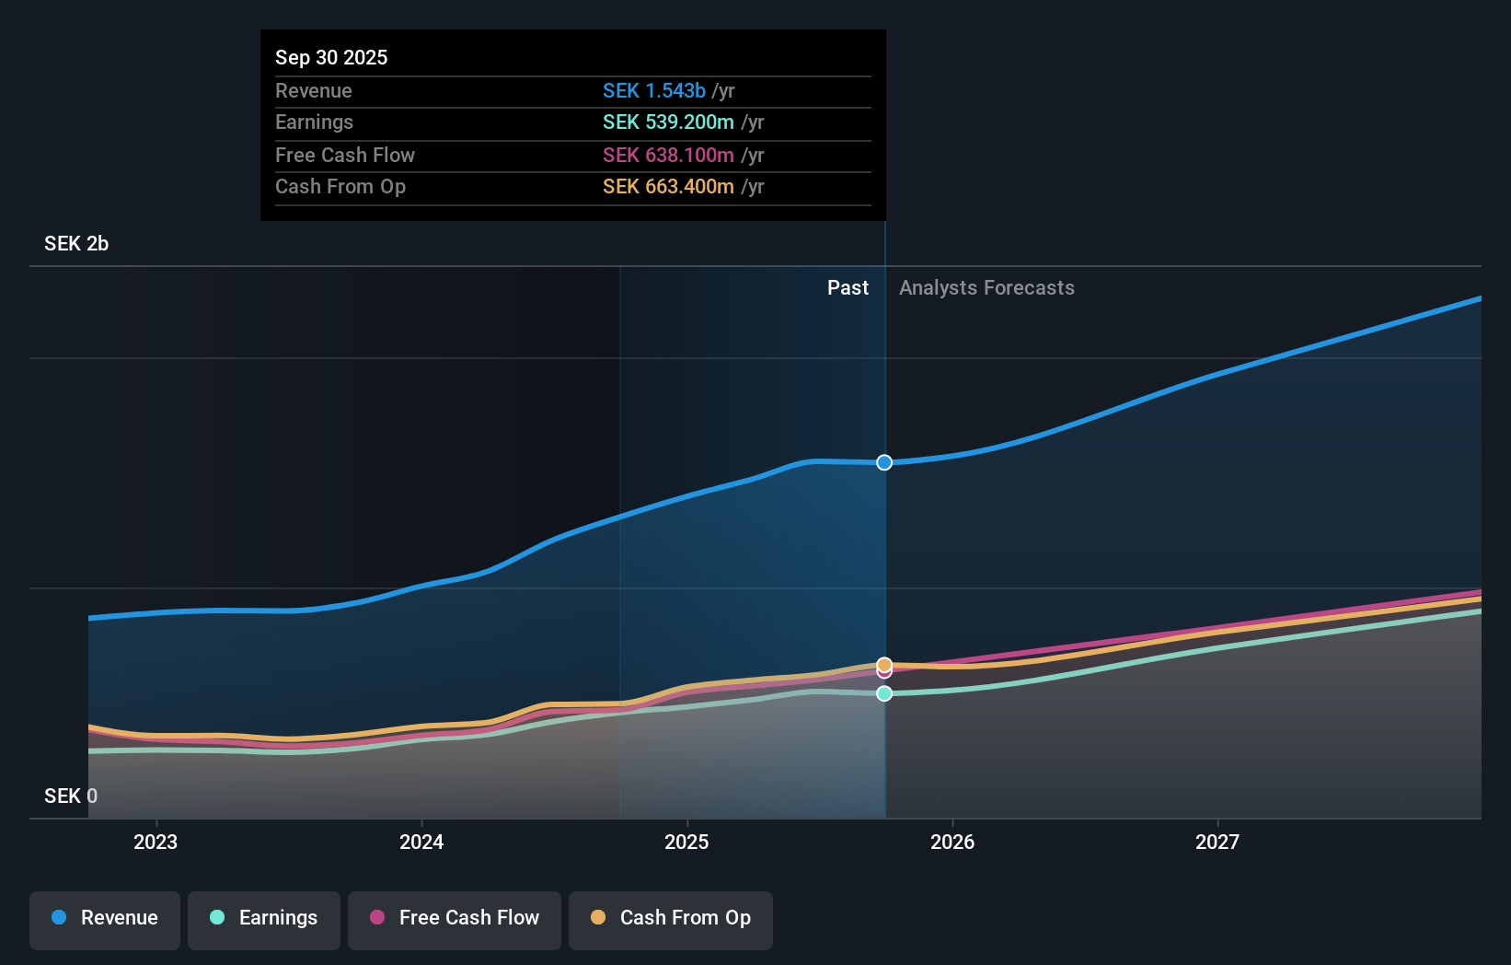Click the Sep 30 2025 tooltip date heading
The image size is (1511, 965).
point(331,57)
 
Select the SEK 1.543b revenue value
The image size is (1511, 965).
point(653,90)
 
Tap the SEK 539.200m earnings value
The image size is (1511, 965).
point(668,122)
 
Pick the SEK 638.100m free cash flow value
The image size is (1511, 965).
point(668,155)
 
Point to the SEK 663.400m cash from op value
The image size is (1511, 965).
point(668,186)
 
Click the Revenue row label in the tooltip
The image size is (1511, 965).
point(313,90)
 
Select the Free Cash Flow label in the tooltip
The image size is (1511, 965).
point(344,155)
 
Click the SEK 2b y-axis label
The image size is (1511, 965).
point(76,243)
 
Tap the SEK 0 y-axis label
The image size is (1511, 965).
point(71,796)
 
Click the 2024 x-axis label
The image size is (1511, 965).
point(421,842)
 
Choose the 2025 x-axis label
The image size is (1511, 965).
point(686,842)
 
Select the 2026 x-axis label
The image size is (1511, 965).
point(952,842)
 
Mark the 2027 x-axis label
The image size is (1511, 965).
point(1217,842)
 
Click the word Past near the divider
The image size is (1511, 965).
point(848,287)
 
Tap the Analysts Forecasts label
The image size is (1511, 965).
point(986,287)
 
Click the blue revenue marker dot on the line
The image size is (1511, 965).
point(884,462)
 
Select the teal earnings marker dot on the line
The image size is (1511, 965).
point(884,693)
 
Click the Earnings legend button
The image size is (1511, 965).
point(264,918)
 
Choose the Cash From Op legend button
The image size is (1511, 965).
point(671,918)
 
